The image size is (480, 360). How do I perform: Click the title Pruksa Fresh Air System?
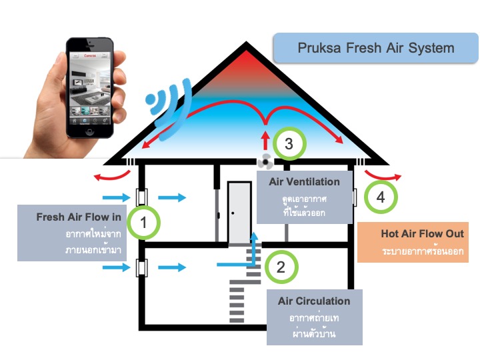[376, 48]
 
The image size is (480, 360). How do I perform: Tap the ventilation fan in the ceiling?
[265, 161]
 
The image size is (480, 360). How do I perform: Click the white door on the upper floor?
[239, 213]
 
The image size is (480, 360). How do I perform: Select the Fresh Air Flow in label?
[79, 217]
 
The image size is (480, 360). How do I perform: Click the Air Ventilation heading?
[304, 182]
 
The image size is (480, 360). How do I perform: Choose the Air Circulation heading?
[314, 301]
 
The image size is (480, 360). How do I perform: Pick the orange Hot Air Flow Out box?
[413, 242]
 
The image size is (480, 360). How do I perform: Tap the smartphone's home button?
[90, 131]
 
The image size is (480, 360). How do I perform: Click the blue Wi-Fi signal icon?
[169, 109]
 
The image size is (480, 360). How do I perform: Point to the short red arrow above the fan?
[266, 139]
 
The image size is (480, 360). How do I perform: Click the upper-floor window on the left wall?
[142, 197]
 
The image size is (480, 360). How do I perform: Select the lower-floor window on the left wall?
[142, 268]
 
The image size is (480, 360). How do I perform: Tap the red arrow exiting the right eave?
[382, 176]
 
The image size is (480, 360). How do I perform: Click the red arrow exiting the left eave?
[112, 176]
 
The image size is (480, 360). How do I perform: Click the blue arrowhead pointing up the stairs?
[254, 236]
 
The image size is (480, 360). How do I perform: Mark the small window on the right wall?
[355, 197]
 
